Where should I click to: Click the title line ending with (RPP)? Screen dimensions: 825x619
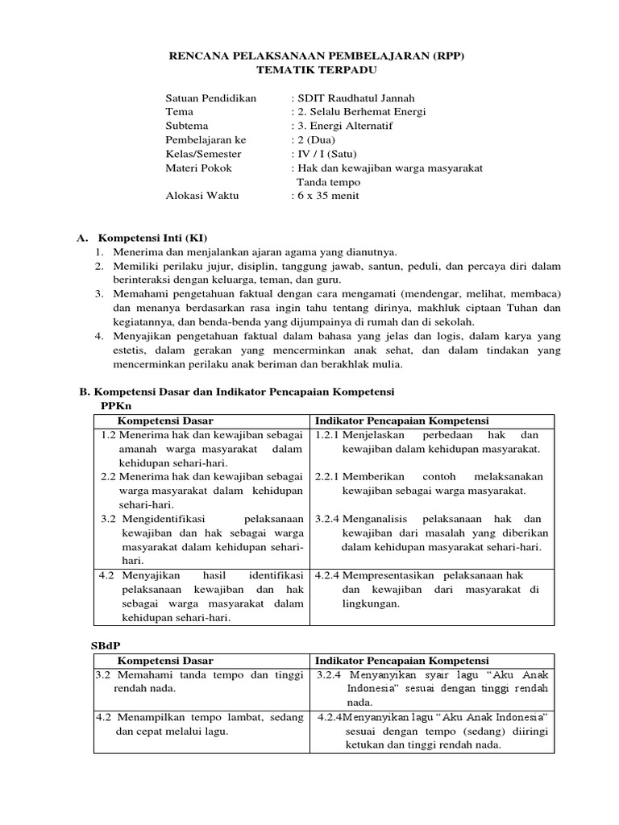point(316,56)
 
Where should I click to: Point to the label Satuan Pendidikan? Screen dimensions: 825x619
point(210,97)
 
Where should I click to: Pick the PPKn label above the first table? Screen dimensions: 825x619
point(116,405)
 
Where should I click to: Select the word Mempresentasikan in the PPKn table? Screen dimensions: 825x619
point(386,575)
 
